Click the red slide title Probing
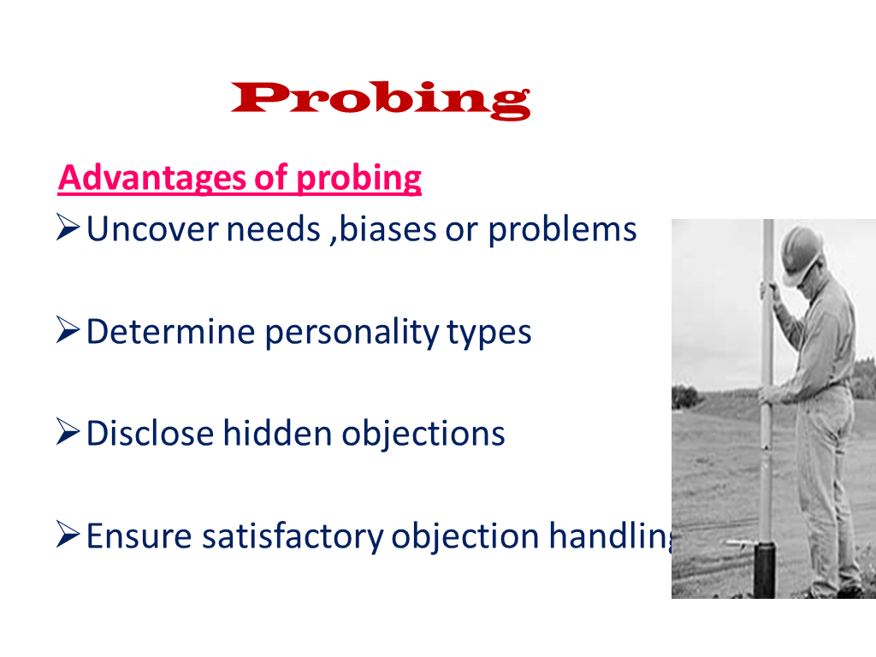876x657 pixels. (x=381, y=100)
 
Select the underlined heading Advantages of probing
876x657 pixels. (x=240, y=179)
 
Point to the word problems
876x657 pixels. (x=562, y=230)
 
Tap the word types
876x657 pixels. (x=488, y=333)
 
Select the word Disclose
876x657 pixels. (x=151, y=434)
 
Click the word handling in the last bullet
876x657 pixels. (x=611, y=536)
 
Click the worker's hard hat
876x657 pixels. (x=801, y=253)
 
